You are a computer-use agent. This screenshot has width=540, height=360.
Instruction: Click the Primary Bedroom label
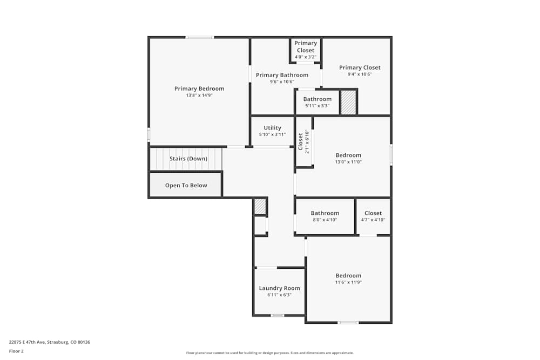[x=199, y=89]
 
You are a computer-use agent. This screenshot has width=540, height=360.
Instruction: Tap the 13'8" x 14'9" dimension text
[x=199, y=96]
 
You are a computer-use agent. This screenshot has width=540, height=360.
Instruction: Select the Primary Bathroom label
[x=282, y=75]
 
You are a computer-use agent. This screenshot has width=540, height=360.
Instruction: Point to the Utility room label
[x=272, y=128]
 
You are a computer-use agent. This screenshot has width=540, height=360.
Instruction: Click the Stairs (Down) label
[x=188, y=159]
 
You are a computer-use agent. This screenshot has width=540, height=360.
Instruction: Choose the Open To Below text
[x=186, y=186]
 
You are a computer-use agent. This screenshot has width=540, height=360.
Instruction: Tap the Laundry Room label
[x=279, y=288]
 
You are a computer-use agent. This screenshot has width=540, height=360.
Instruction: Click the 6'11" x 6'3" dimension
[x=279, y=295]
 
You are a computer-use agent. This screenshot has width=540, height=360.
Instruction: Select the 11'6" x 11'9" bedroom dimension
[x=348, y=282]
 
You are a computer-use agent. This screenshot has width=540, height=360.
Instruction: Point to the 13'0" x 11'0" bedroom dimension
[x=348, y=162]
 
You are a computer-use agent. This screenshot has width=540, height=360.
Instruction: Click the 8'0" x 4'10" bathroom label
[x=325, y=220]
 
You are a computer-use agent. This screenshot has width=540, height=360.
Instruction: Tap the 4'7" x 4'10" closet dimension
[x=373, y=220]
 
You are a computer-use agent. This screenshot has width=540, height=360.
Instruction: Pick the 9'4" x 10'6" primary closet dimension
[x=360, y=74]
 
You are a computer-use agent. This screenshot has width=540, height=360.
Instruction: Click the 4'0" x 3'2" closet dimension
[x=306, y=57]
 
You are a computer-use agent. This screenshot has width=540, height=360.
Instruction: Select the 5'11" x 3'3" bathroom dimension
[x=317, y=106]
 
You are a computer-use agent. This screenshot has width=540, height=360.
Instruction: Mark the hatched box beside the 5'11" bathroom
[x=348, y=102]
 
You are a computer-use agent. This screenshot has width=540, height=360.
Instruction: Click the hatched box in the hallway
[x=260, y=207]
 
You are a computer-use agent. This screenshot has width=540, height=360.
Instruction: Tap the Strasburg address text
[x=49, y=342]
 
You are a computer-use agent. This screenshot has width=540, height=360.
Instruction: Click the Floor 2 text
[x=16, y=351]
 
